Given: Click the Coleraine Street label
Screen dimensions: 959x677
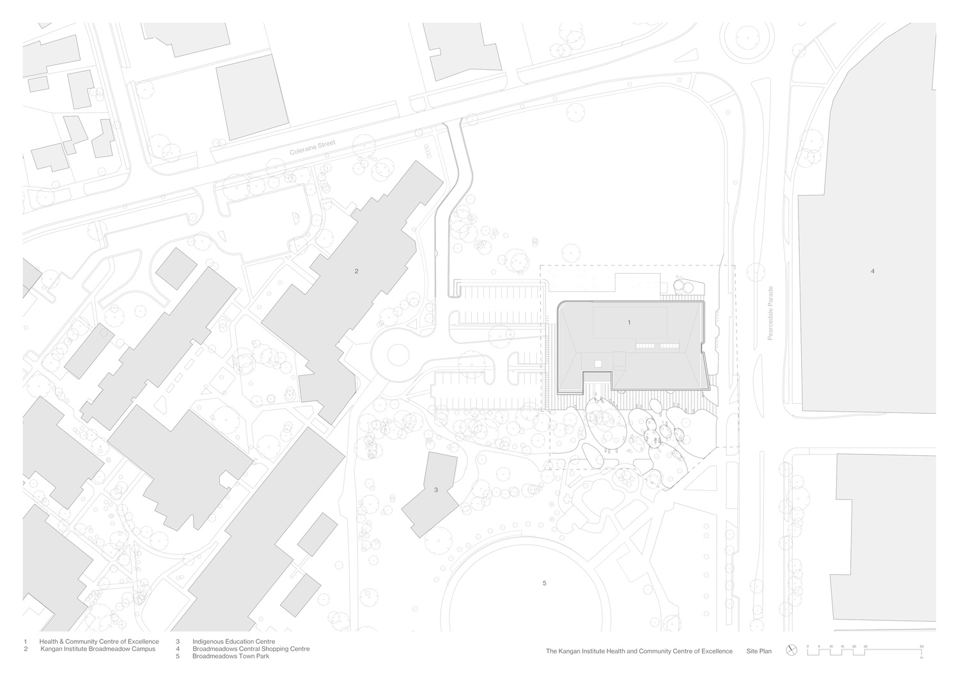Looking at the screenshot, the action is pos(313,148).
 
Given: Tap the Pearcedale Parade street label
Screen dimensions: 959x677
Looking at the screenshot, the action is pos(770,313).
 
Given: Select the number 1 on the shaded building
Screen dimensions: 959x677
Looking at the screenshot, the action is pos(629,322).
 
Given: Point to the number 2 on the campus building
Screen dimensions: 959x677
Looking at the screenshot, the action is pos(356,271).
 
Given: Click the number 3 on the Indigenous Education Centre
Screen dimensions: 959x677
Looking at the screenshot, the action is pos(436,490).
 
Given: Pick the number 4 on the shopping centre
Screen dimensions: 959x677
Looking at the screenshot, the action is pos(873,271).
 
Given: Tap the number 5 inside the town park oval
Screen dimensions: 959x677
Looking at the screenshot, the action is pos(545,583).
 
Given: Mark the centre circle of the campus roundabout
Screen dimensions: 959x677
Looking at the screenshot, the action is pos(398,355).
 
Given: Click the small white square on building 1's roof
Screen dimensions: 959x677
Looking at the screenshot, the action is pos(598,364).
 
